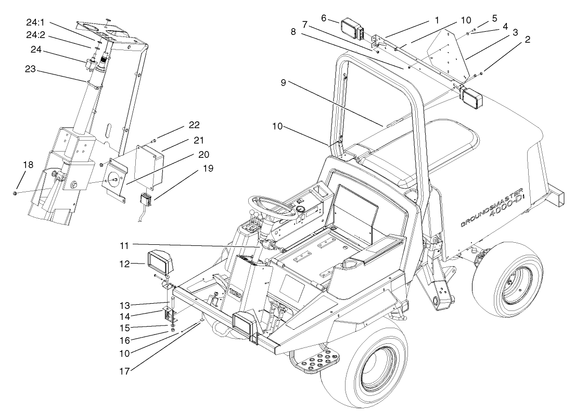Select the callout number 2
coord(528,40)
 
